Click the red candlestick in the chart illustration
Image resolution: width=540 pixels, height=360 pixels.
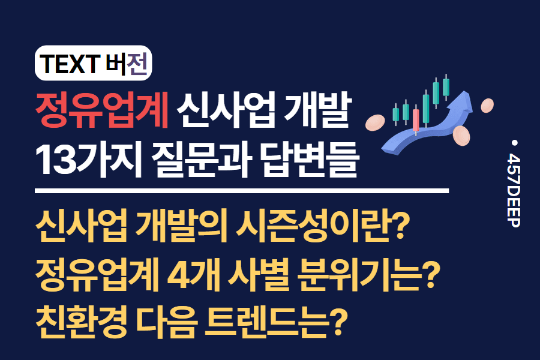pyautogui.click(x=416, y=120)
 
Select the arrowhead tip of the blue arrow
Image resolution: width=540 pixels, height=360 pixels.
pyautogui.click(x=467, y=100)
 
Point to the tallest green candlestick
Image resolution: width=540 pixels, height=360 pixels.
pyautogui.click(x=445, y=87)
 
